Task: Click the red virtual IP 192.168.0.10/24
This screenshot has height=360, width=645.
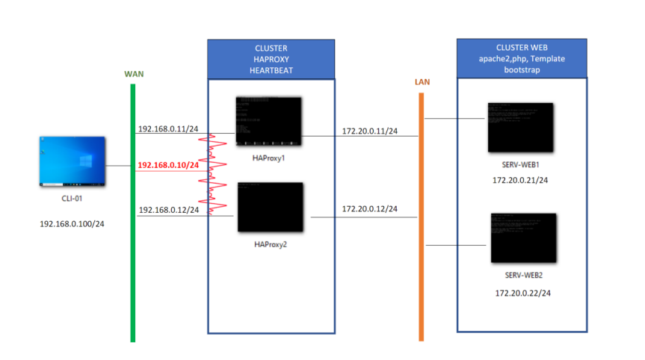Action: (x=168, y=165)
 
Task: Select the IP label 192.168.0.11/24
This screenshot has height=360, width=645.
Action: (x=168, y=128)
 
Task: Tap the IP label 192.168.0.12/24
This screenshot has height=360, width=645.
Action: (x=168, y=210)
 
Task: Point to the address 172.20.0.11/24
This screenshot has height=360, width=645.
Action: (x=370, y=131)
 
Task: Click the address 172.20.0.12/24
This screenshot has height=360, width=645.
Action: (x=370, y=208)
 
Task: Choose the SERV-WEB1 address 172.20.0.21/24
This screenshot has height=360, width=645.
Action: (x=520, y=180)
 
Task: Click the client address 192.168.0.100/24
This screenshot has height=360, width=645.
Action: (x=72, y=223)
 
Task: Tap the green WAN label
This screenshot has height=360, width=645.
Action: (x=133, y=75)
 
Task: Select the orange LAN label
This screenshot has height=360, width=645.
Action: (x=422, y=81)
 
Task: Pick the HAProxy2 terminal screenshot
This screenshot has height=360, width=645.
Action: (x=270, y=207)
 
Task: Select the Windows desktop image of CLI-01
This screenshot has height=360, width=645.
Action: (x=72, y=161)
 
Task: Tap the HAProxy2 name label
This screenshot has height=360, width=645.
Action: (x=270, y=243)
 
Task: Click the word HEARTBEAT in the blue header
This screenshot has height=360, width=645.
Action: (x=271, y=70)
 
